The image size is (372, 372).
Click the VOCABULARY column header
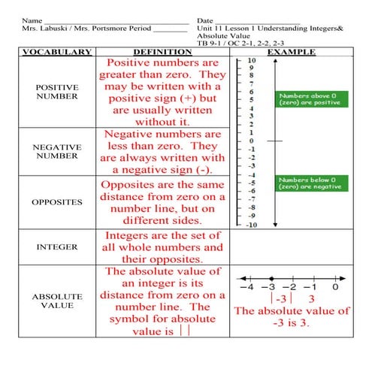coord(56,53)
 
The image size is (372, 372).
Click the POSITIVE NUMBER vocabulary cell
coord(56,92)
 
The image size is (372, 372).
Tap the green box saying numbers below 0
coord(311,183)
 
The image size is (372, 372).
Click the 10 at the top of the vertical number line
coord(251,60)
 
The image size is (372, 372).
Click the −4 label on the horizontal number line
coord(245,286)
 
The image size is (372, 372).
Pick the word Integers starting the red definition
coord(129,235)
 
